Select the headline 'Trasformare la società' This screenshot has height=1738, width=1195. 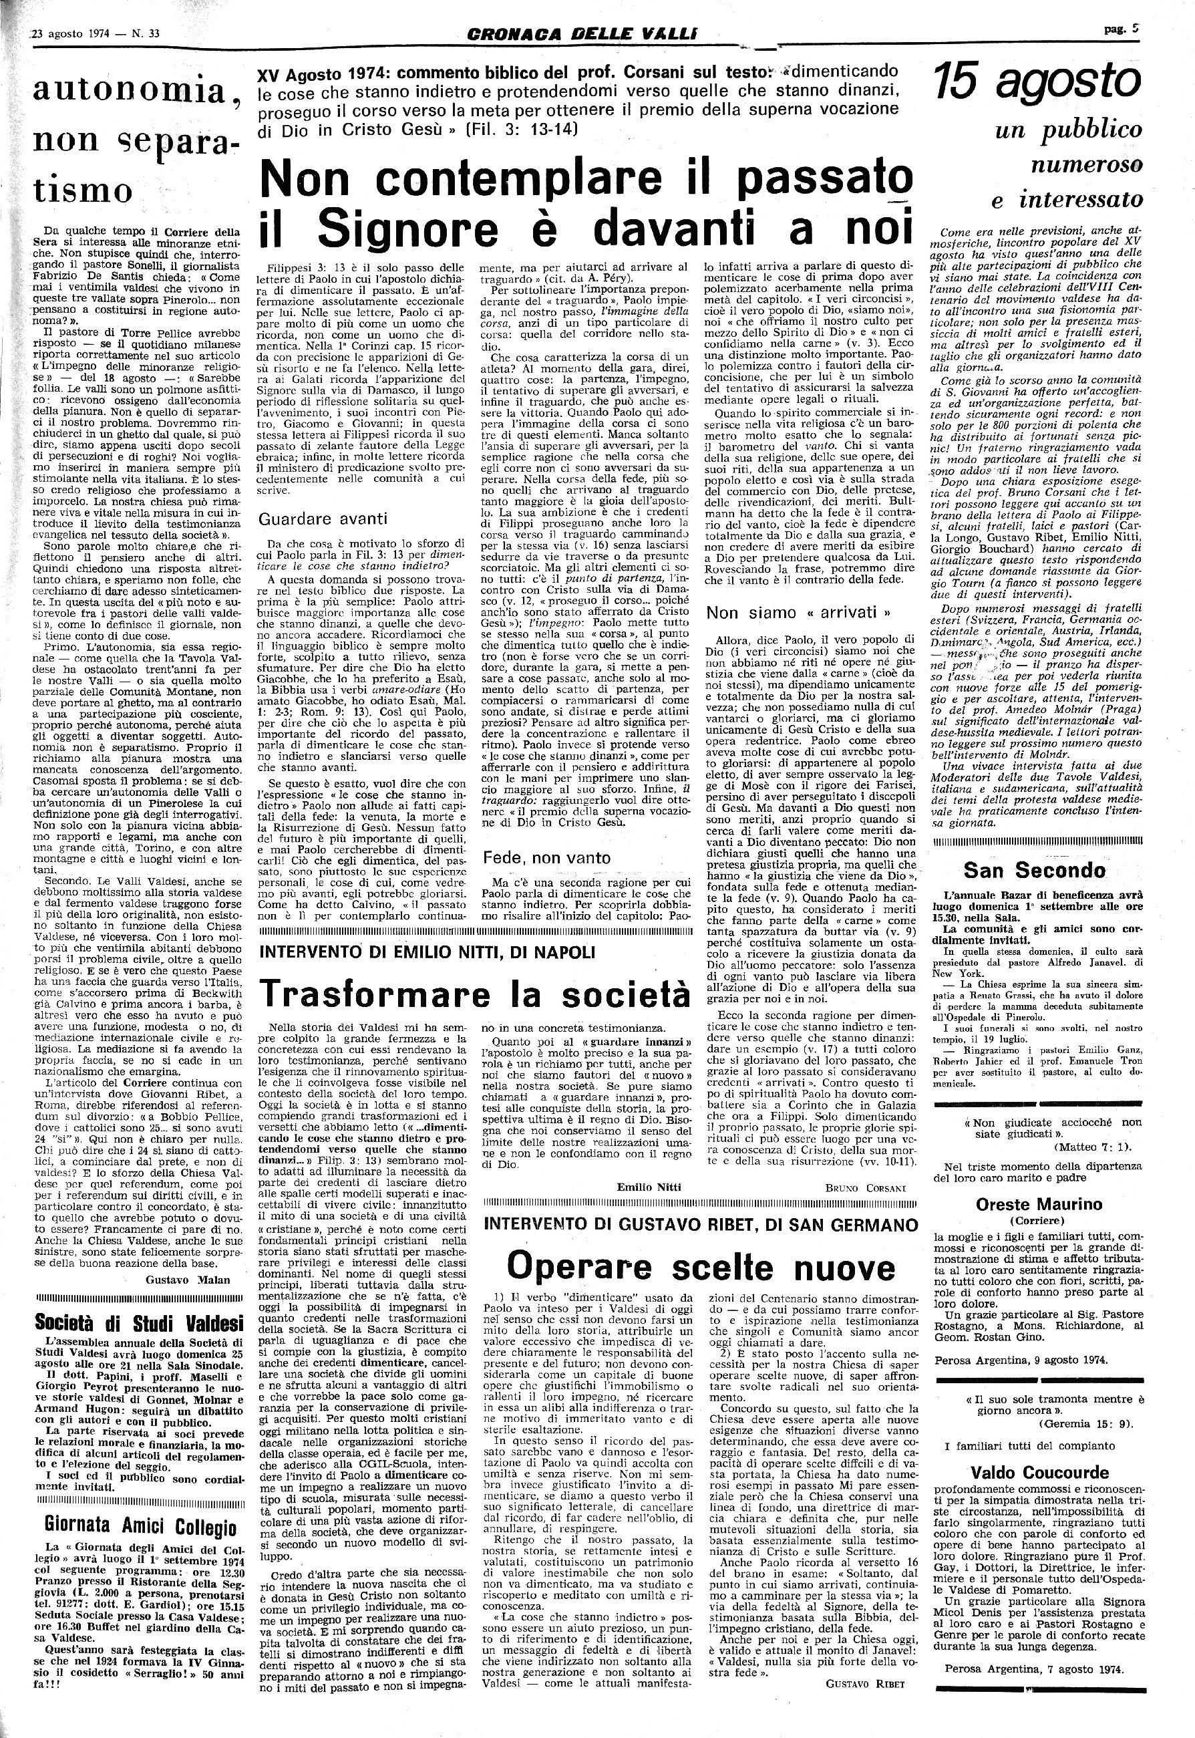[475, 993]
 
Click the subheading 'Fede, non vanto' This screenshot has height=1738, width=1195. [546, 857]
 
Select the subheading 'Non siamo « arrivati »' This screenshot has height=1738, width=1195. [799, 612]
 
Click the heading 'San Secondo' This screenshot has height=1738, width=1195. [1034, 870]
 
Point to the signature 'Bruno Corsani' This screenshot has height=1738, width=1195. [865, 1187]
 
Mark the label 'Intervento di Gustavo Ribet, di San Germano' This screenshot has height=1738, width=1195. [701, 1224]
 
